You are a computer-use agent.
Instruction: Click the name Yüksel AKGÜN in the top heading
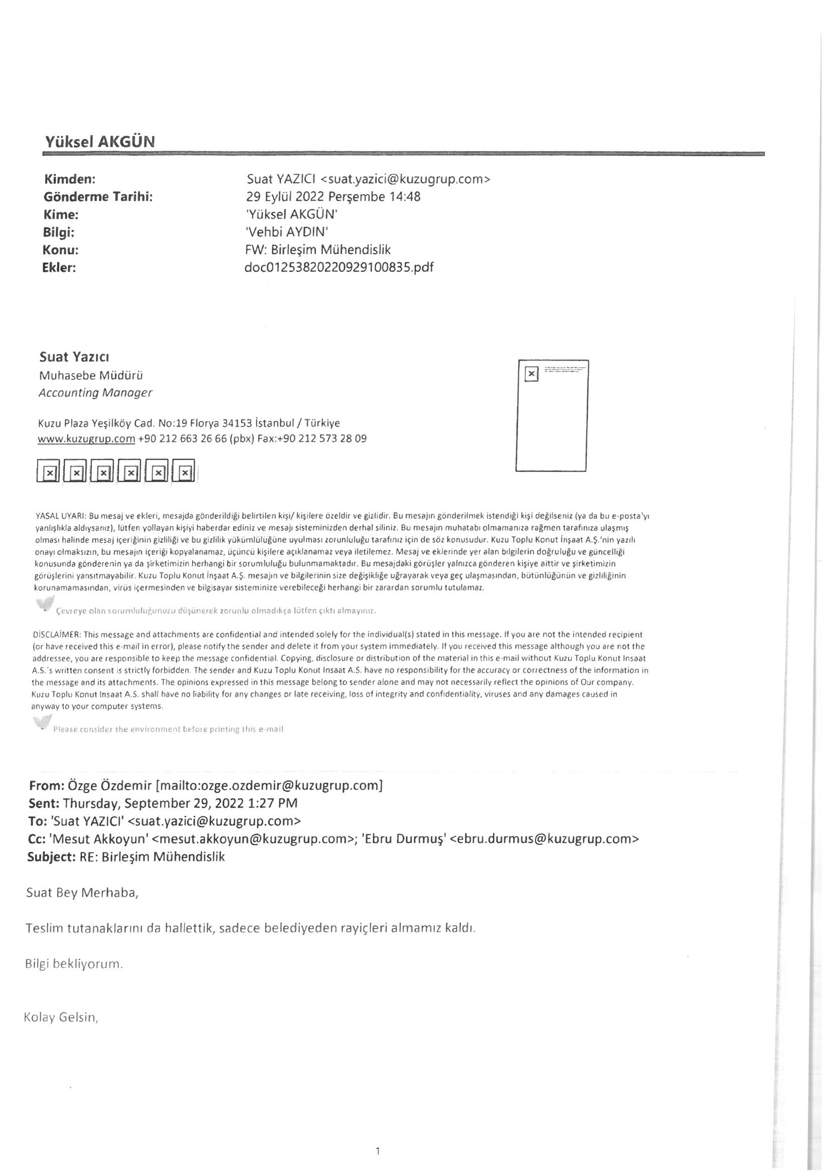click(x=100, y=141)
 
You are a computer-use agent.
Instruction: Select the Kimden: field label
click(x=70, y=179)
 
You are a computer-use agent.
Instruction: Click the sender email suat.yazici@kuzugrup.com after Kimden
click(x=405, y=179)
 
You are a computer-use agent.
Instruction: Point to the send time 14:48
click(x=405, y=197)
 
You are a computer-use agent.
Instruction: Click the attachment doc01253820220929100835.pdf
click(x=339, y=267)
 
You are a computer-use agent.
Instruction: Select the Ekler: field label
click(x=59, y=267)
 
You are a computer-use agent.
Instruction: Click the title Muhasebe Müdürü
click(x=91, y=375)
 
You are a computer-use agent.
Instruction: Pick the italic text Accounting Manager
click(x=95, y=393)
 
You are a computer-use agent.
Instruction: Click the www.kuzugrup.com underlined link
click(x=86, y=439)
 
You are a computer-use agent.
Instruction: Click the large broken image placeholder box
click(x=552, y=415)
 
